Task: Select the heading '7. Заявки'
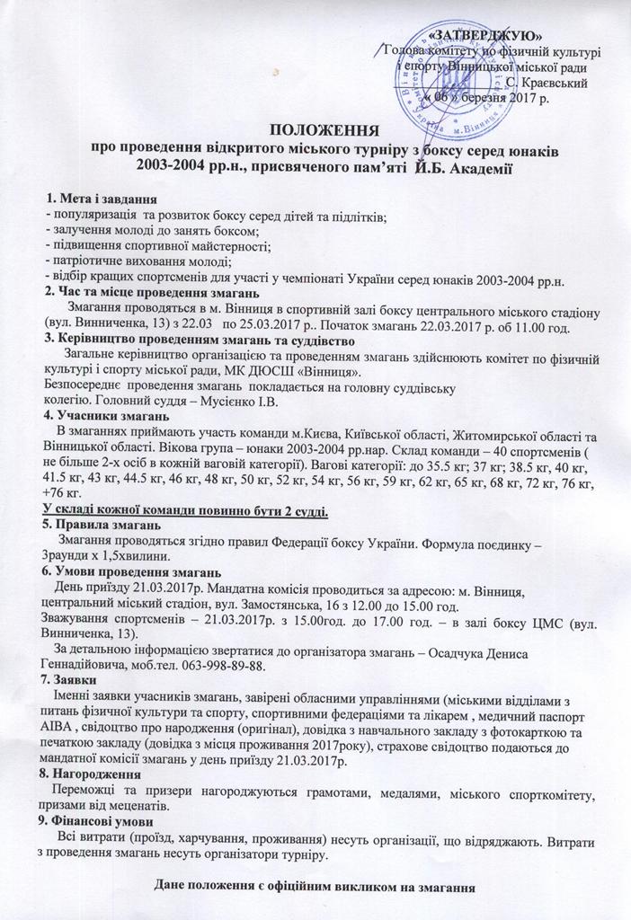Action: tap(71, 680)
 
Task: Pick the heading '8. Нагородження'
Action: tap(93, 774)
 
